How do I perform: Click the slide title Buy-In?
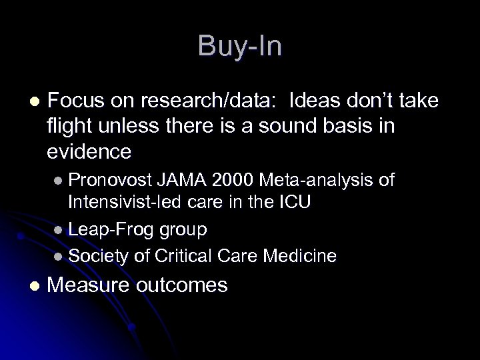240,47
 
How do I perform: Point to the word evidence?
89,153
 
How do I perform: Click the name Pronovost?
111,181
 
